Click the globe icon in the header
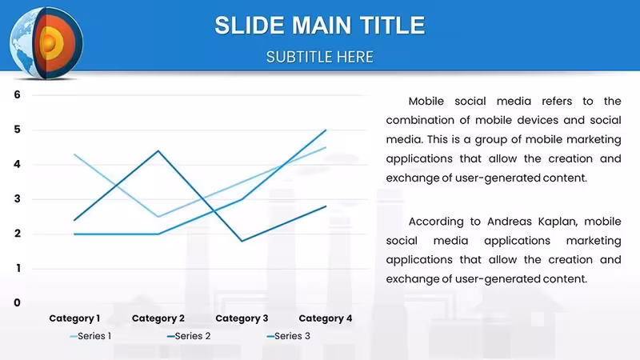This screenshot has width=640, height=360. click(x=46, y=43)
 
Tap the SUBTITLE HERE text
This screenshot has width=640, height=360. click(x=319, y=57)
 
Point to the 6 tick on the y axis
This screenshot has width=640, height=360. click(x=17, y=94)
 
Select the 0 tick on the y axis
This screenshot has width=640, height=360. click(x=17, y=302)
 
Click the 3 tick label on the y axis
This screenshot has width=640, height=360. click(x=17, y=198)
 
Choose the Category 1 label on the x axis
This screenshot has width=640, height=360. click(x=74, y=318)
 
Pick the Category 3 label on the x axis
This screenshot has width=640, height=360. click(x=242, y=318)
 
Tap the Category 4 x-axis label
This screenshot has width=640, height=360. click(x=326, y=318)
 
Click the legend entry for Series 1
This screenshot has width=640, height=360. click(x=90, y=336)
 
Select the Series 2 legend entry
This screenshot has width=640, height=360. click(x=189, y=336)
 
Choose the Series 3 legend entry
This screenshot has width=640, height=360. click(x=289, y=336)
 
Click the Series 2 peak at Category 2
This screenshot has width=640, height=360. click(x=158, y=151)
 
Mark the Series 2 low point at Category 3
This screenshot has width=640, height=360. click(x=242, y=241)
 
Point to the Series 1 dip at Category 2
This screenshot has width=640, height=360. click(x=158, y=216)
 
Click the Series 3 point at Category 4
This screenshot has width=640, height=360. click(x=326, y=130)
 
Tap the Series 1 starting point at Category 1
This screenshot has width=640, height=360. click(x=74, y=154)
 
